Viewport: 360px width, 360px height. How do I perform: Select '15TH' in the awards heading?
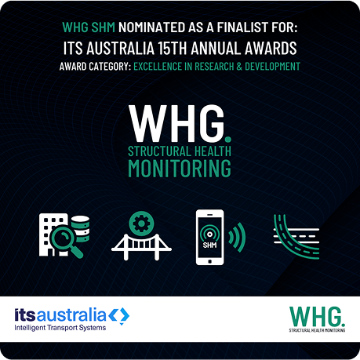pyautogui.click(x=185, y=48)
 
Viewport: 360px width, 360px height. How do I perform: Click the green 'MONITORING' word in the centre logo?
pyautogui.click(x=180, y=167)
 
